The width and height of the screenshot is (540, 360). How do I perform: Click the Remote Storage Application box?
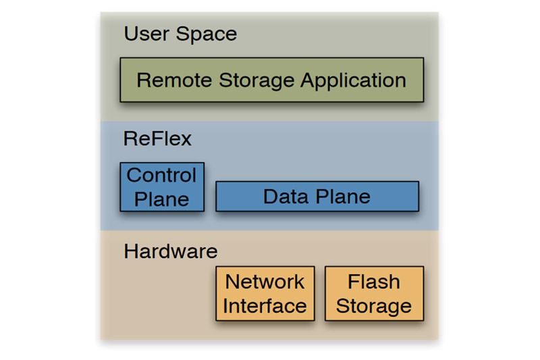point(271,80)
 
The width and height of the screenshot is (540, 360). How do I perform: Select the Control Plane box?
point(162,187)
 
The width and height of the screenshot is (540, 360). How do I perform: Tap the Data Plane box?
point(317,197)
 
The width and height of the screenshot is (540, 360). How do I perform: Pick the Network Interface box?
point(265,293)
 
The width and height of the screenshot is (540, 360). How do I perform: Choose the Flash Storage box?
point(374,293)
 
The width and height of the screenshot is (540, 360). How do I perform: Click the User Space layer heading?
point(180,34)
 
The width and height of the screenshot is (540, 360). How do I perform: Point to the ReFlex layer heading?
point(158,139)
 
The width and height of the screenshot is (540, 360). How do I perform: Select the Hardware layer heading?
point(171,251)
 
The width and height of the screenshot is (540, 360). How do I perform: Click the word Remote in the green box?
point(174,80)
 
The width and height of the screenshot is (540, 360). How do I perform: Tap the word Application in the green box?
point(353,81)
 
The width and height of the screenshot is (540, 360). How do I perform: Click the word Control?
point(162,176)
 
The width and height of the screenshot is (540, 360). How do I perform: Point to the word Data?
point(283,197)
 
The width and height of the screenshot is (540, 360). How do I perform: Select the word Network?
point(265,281)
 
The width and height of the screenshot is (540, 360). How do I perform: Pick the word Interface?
point(265,306)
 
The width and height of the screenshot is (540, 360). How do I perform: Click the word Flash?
point(374,281)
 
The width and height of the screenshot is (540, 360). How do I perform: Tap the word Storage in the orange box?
point(374,306)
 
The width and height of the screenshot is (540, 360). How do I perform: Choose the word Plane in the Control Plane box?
point(162,199)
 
